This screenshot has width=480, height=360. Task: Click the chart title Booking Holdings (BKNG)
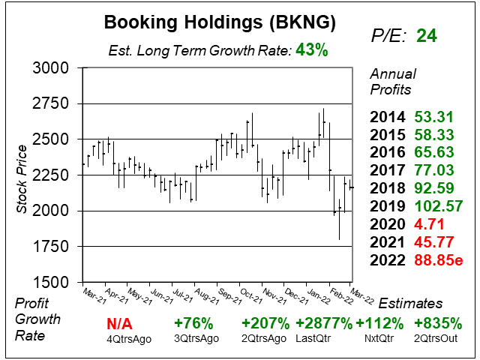(219, 23)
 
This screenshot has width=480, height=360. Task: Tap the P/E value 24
(427, 36)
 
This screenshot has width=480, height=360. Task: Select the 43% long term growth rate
(312, 50)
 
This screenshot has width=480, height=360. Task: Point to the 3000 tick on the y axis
(52, 68)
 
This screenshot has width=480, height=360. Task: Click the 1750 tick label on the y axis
(52, 247)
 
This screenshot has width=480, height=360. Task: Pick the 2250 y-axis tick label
(52, 175)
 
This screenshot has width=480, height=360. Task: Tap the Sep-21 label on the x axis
(229, 297)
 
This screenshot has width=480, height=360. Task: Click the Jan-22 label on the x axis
(318, 297)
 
